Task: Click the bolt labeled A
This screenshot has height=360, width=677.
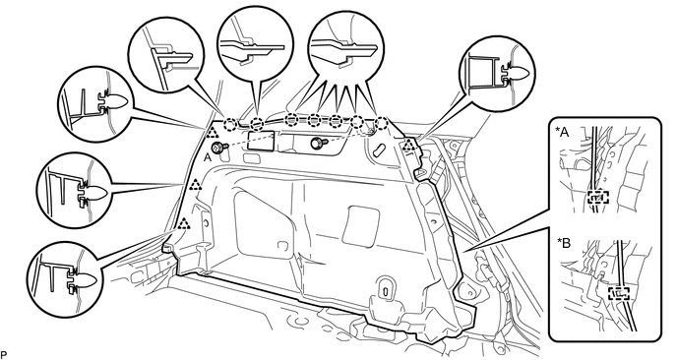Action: click(218, 148)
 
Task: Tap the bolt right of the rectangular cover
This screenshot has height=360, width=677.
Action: click(317, 142)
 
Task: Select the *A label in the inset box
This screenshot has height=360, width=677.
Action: click(563, 133)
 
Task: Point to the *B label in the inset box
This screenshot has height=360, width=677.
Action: click(564, 244)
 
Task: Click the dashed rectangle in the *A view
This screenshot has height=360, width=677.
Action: click(598, 198)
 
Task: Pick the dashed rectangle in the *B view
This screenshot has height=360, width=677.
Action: click(620, 294)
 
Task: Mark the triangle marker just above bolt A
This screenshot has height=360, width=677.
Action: click(213, 133)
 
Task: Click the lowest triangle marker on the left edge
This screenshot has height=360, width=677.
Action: click(184, 223)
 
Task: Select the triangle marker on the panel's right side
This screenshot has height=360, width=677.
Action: click(409, 146)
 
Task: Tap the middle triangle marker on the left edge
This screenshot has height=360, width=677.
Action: click(195, 185)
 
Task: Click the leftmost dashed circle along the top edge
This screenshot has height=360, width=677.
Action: click(230, 125)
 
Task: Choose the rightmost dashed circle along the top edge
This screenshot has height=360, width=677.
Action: click(382, 122)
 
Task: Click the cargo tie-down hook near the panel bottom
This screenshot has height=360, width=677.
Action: click(384, 290)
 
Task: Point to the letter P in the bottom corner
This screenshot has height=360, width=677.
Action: click(4, 355)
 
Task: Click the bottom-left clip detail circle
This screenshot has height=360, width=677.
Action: click(64, 275)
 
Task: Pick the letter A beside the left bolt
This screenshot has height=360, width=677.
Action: click(208, 158)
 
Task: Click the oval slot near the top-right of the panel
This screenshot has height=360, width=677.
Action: click(380, 150)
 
